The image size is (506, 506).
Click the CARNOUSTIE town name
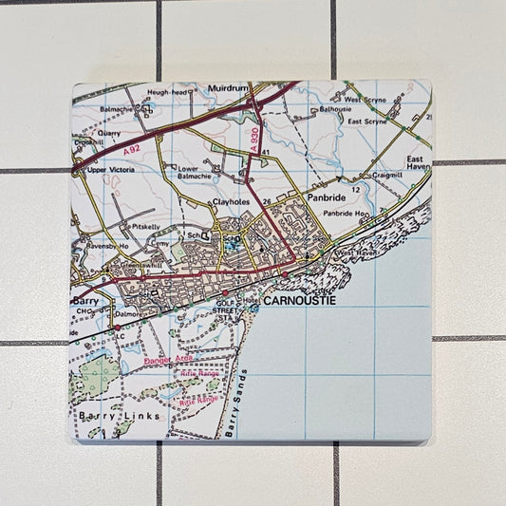point(302,300)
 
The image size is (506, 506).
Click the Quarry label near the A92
point(110,134)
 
